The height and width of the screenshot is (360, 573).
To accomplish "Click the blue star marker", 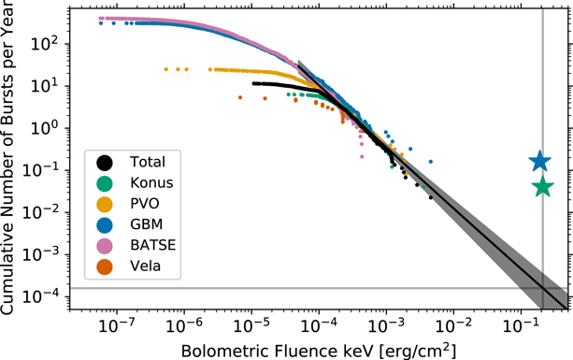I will [539, 162].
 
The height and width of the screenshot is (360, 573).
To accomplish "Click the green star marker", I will [542, 187].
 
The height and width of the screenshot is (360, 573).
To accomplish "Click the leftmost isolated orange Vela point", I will [240, 97].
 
